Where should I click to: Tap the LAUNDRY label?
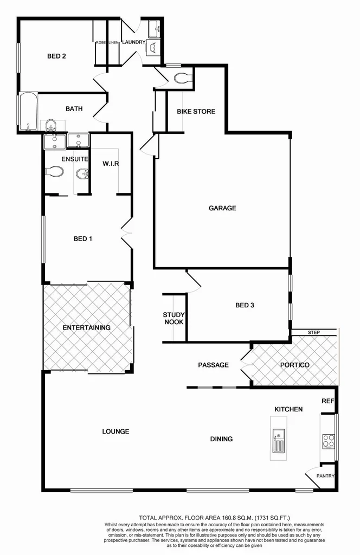[133, 42]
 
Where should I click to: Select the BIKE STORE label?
[196, 112]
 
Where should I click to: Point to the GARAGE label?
[222, 208]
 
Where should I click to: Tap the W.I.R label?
[111, 164]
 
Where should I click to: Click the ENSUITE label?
[72, 159]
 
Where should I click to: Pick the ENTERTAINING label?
[87, 327]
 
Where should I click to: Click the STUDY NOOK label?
[174, 319]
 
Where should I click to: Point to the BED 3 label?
[245, 305]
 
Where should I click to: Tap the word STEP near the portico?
[313, 332]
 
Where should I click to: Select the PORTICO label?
[295, 365]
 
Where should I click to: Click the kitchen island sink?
[278, 440]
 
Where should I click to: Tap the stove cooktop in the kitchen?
[328, 441]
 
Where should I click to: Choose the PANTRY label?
[326, 476]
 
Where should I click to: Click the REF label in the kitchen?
[327, 402]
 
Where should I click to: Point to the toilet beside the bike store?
[183, 79]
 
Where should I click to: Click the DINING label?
[222, 439]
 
